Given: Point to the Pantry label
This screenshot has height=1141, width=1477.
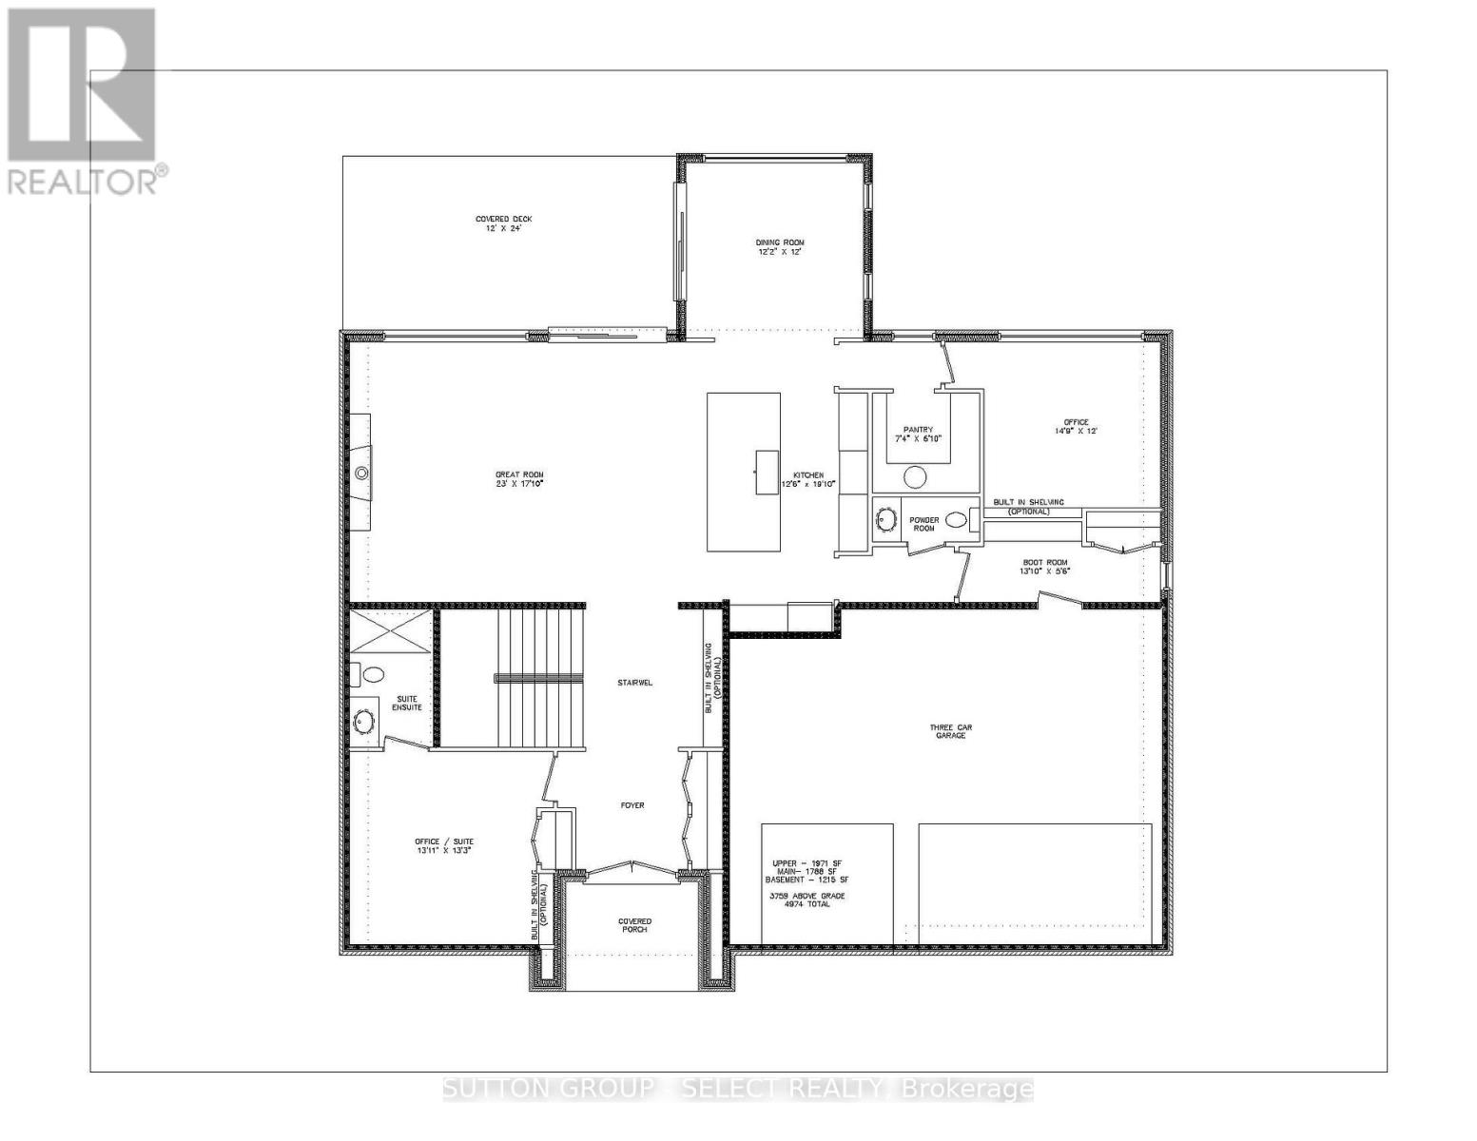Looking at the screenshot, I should tap(918, 429).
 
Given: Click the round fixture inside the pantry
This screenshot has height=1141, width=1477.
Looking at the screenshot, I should tap(917, 476).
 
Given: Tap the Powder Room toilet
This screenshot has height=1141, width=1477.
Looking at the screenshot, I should tap(956, 519).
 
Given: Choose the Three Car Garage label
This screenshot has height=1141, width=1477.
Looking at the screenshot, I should tap(950, 731).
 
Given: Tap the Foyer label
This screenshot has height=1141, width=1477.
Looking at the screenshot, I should tap(632, 805).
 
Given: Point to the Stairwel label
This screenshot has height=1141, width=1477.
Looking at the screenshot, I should tap(632, 683).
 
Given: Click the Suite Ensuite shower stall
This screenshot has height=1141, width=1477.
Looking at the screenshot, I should tap(391, 631).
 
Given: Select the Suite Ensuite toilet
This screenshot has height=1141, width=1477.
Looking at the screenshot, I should tap(372, 674).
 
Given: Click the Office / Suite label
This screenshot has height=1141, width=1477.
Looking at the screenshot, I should tap(443, 846).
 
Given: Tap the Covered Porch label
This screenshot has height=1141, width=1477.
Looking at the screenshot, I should tap(634, 925).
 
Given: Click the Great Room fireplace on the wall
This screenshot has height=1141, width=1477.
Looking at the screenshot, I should tap(360, 473).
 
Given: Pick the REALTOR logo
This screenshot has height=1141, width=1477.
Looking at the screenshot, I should tap(84, 100).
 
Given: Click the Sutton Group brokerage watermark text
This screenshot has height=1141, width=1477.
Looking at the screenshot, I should tap(738, 1089).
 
